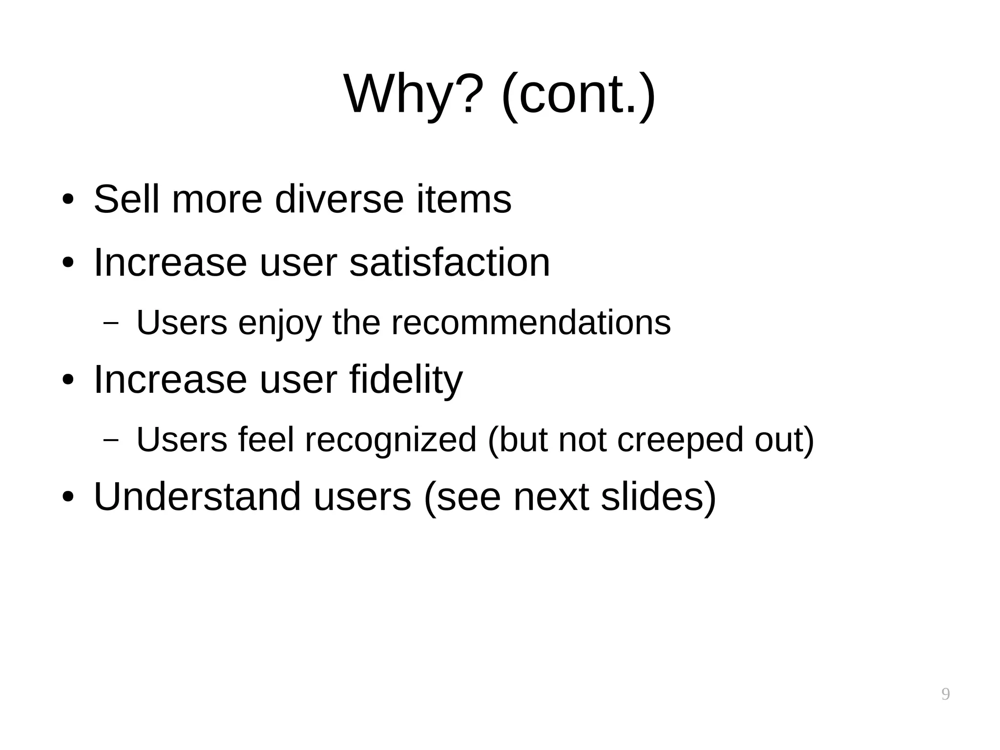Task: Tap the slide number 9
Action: pyautogui.click(x=945, y=694)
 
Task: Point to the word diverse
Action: pyautogui.click(x=339, y=199)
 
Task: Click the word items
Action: pyautogui.click(x=463, y=199)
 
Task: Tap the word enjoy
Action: pyautogui.click(x=280, y=323)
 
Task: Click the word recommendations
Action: pyautogui.click(x=531, y=323)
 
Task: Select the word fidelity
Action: pyautogui.click(x=406, y=380)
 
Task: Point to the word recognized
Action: pyautogui.click(x=391, y=440)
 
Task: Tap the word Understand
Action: pyautogui.click(x=197, y=497)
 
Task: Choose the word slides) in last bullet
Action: pyautogui.click(x=658, y=497)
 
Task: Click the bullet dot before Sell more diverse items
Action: pyautogui.click(x=68, y=200)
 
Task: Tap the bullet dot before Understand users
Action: pyautogui.click(x=68, y=497)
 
